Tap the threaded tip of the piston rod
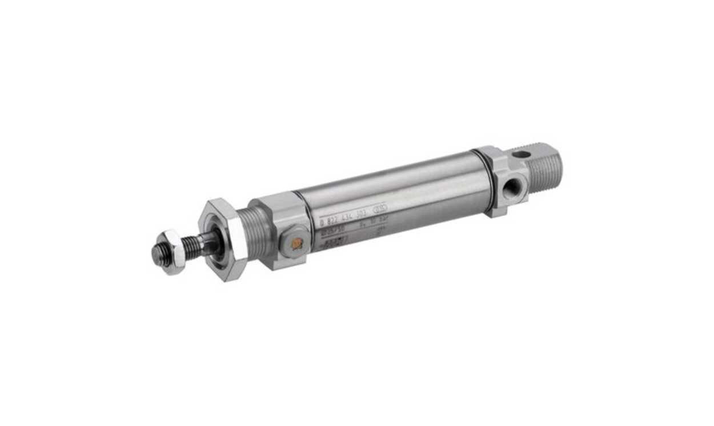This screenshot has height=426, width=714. tap(161, 254)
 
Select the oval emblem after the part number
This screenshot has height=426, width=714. tap(382, 208)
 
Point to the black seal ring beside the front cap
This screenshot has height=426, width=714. tap(308, 220)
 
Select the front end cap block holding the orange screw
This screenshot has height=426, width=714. tap(280, 229)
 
